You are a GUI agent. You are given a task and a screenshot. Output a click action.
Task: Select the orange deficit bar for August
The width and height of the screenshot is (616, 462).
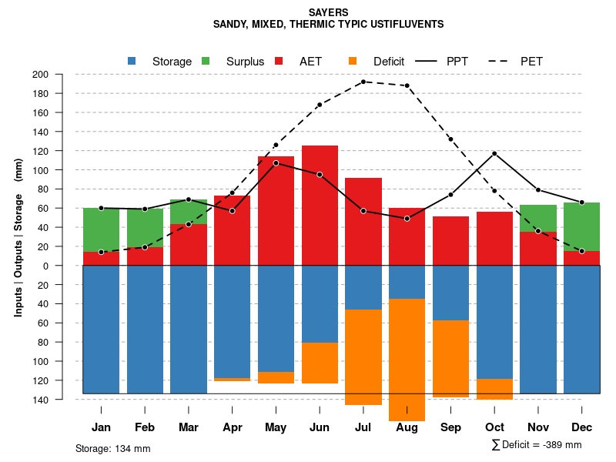pos(407,359)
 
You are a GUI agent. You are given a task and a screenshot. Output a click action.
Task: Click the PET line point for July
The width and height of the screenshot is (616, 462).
pos(363,82)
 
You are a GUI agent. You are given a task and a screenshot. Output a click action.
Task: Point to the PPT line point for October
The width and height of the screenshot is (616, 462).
pos(494,153)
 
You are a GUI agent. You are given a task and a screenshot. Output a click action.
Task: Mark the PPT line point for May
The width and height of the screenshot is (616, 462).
pos(276,163)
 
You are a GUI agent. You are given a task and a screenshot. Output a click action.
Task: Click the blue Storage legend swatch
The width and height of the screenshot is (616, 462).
pos(132,61)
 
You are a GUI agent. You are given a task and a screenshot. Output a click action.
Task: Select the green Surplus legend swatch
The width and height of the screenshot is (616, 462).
pos(206,61)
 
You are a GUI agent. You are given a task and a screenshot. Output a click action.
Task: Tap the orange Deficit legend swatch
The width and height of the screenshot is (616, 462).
pos(353,61)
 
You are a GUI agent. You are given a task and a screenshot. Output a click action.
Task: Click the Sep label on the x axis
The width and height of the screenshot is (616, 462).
pos(450,427)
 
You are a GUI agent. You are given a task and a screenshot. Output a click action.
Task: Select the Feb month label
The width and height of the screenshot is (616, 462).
pos(145,427)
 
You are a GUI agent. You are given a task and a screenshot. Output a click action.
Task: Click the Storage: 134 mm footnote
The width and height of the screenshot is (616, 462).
pos(112,448)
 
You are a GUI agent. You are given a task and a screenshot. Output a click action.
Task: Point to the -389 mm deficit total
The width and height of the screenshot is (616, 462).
pos(561,445)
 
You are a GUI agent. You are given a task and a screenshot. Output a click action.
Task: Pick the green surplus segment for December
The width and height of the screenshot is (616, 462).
pos(581,226)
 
